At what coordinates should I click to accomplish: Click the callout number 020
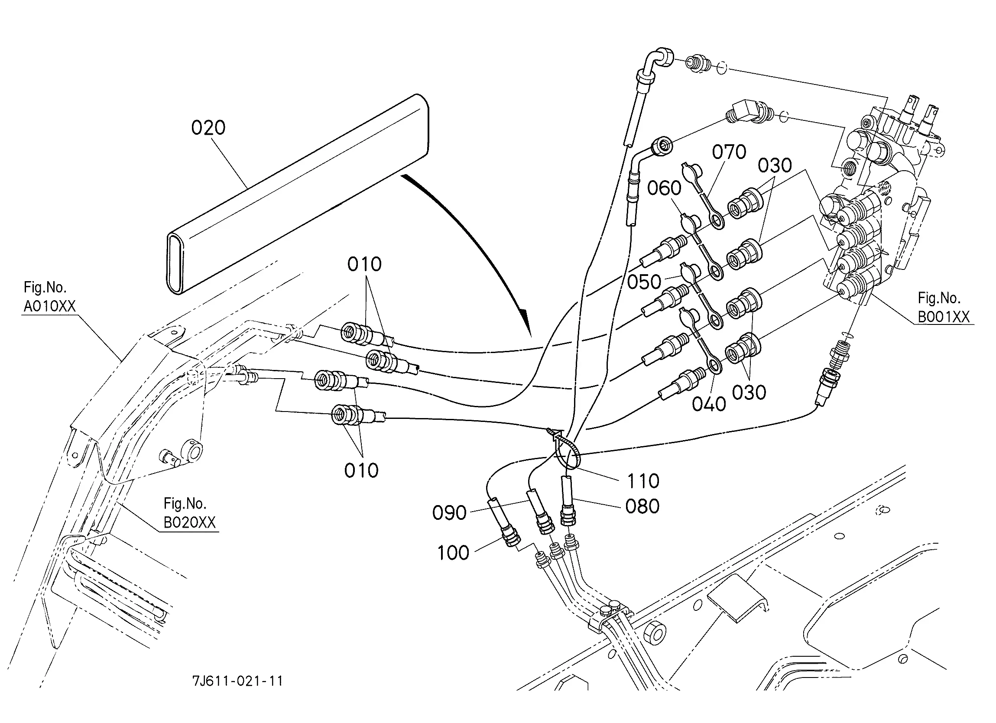coord(208,128)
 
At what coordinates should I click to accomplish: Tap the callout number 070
coord(729,152)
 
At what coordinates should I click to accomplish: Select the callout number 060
coord(664,188)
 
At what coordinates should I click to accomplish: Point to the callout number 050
coord(644,282)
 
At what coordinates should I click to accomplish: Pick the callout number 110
coord(643,481)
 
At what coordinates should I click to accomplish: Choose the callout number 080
coord(642,506)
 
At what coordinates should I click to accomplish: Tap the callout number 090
coord(449,512)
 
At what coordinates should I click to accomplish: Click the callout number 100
coord(453,553)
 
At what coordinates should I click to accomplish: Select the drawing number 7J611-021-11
coord(237,681)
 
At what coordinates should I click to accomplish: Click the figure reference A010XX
coord(50,306)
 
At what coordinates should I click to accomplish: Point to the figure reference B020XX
coord(190,523)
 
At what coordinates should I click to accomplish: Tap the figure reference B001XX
coord(944,317)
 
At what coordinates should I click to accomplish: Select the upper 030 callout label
coord(775,166)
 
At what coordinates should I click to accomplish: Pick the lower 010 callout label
coord(361,471)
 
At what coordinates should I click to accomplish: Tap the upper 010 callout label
coord(364,264)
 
